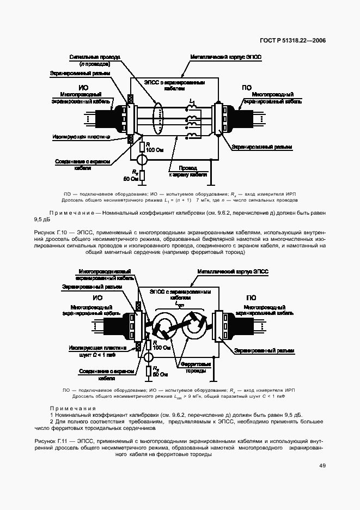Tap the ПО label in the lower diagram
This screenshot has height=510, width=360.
pos(251,297)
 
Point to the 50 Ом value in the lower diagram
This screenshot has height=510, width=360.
pos(160,375)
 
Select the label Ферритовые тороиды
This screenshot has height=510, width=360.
pos(194,368)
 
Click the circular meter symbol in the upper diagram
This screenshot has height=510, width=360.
pos(141,160)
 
